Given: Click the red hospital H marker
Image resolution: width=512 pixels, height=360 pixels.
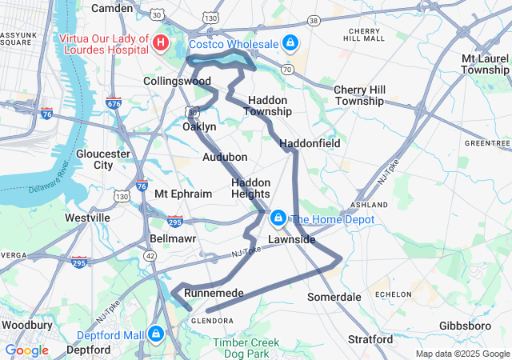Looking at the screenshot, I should click(161, 42).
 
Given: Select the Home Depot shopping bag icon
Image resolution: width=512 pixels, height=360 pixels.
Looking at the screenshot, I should click(278, 218).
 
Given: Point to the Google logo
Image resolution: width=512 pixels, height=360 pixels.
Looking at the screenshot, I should click(26, 350).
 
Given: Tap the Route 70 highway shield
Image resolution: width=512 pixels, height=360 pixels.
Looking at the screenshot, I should click(286, 70).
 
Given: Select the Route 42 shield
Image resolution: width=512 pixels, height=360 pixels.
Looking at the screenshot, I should click(150, 254).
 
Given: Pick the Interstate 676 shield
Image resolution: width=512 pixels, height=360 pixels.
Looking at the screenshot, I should click(113, 103).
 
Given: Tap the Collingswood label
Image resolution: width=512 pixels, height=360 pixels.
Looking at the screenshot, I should click(177, 82).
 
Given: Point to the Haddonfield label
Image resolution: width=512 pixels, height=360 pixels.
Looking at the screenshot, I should click(310, 143).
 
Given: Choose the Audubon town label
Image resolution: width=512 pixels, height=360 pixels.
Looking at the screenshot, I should click(225, 157).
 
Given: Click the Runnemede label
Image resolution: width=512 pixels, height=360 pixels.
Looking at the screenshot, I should click(214, 294).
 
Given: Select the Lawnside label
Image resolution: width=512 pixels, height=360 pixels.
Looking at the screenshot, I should click(291, 239).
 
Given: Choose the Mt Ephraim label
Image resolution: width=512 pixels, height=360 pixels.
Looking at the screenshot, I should click(183, 194).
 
